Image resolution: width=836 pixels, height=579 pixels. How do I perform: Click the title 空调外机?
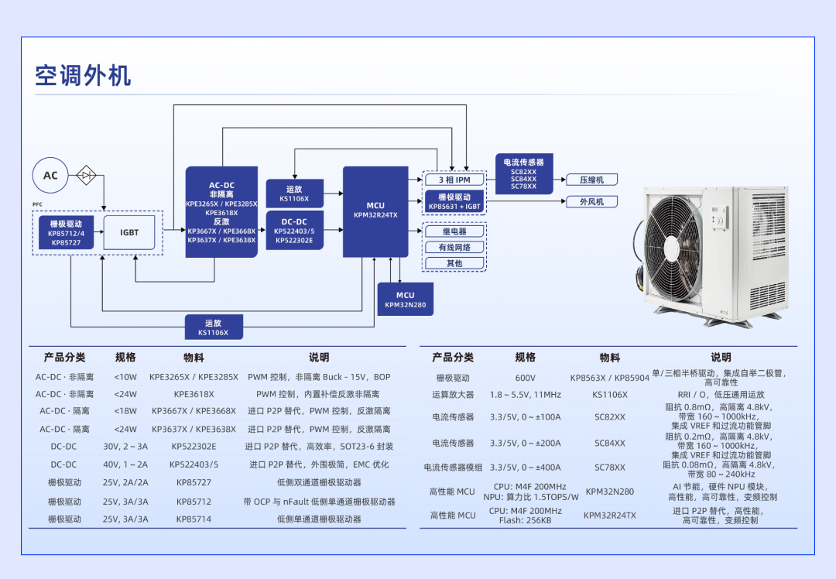coord(83,75)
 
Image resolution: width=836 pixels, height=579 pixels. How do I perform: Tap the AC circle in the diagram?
coord(50,176)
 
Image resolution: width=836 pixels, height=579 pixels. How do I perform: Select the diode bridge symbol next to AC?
coord(86,176)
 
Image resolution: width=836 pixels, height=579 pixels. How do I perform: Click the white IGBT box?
coord(129,232)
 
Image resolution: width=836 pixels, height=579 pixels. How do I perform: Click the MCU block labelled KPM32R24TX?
coord(375,211)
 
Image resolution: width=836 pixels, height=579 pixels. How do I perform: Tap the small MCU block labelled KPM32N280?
coord(405,300)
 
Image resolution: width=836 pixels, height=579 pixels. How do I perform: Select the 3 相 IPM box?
coord(455,180)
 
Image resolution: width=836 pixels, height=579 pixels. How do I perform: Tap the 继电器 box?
coord(454,231)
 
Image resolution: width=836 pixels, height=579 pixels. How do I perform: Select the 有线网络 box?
coord(454,248)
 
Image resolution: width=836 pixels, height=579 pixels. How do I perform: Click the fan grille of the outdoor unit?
coord(680,248)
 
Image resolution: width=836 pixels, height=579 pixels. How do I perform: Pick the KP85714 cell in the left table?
coord(194,519)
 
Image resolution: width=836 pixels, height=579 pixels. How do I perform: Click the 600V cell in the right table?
coord(525,379)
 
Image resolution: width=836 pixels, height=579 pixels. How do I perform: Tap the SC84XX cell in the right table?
coord(609,444)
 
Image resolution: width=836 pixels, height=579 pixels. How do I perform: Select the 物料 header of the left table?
coord(194,358)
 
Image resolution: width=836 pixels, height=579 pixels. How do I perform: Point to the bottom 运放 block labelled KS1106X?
coord(213,327)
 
